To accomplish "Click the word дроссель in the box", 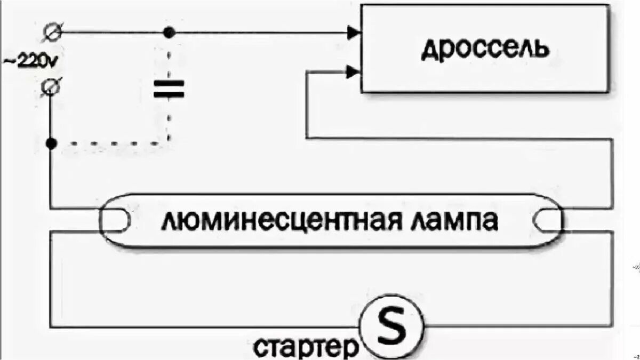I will (x=484, y=50).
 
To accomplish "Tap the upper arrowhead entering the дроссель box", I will (x=353, y=33).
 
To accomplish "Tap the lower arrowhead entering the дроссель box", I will (x=353, y=71).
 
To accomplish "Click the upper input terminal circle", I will (x=53, y=31).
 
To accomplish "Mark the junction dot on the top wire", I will (x=169, y=33).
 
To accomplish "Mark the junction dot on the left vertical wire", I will (x=51, y=143).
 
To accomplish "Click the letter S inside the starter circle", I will (x=391, y=326).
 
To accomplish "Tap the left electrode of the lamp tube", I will (x=115, y=220).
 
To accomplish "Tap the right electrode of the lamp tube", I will (x=548, y=220).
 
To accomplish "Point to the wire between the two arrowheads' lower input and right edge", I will (x=459, y=139).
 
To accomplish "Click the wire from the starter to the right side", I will (x=517, y=326).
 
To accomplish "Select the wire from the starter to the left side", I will (x=203, y=326).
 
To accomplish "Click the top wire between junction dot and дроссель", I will (x=256, y=33).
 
